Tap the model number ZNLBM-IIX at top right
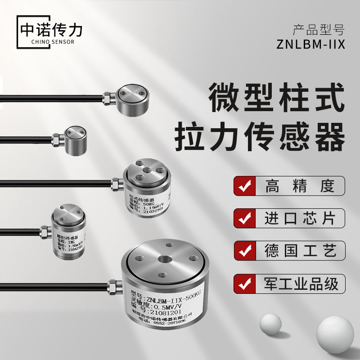click(x=311, y=45)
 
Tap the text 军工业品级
click(x=300, y=284)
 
